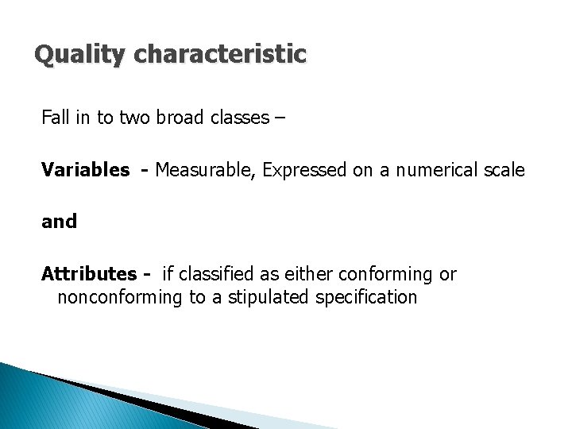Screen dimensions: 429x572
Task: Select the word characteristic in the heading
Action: [x=221, y=54]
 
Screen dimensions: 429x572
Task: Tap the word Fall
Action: [x=56, y=118]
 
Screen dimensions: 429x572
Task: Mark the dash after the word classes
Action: [x=280, y=118]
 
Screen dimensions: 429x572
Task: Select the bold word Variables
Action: [x=86, y=169]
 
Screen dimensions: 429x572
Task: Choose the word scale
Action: [x=504, y=169]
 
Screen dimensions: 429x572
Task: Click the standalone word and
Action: [x=60, y=222]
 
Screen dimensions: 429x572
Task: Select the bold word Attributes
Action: [x=89, y=274]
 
